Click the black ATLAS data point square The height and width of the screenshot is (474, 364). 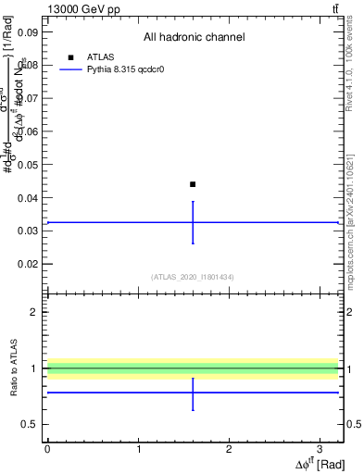(193, 184)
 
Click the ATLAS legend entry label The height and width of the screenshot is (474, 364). (101, 57)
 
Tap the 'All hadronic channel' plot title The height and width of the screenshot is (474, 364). (194, 38)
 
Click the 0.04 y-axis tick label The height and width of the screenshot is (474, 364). (29, 197)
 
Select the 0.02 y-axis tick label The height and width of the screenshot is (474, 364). (29, 264)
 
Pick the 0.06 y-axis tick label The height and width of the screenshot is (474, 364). (29, 131)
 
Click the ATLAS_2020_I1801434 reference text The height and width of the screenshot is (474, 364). (193, 277)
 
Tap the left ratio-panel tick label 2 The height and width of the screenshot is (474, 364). (34, 312)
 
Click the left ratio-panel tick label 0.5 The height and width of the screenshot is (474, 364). (31, 425)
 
